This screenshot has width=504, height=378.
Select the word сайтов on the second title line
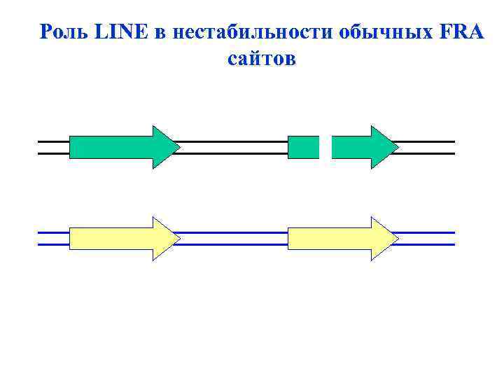click(x=262, y=59)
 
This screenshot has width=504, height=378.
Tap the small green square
click(x=303, y=147)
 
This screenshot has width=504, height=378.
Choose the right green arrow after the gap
click(x=360, y=147)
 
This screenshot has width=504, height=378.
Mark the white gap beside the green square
click(x=325, y=147)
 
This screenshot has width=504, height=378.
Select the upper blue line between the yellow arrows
click(x=231, y=232)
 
